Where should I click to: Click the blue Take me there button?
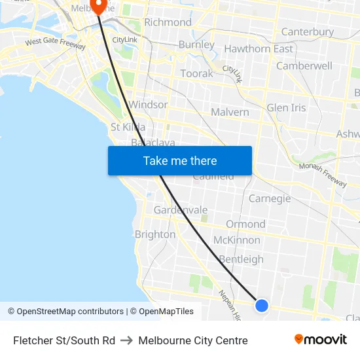[x=180, y=161]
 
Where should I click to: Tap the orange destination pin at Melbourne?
[x=100, y=6]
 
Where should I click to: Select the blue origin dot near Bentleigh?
[x=261, y=305]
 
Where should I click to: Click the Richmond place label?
[x=168, y=22]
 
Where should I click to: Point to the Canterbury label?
[x=307, y=32]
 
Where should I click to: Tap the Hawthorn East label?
[x=259, y=49]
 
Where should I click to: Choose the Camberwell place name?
[x=304, y=66]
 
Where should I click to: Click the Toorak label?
[x=196, y=73]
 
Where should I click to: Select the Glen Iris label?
[x=286, y=108]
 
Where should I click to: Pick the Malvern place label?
[x=230, y=112]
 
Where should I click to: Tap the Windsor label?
[x=149, y=105]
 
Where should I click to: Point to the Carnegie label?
[x=270, y=198]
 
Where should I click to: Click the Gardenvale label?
[x=181, y=210]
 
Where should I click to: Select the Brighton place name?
[x=155, y=234]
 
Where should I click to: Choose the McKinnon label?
[x=236, y=240]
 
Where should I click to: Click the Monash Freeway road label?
[x=322, y=175]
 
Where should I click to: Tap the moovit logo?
[x=320, y=340]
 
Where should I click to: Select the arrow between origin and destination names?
[x=126, y=340]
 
